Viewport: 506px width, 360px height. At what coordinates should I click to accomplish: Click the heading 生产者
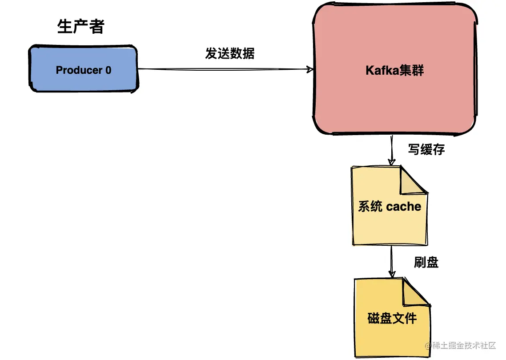coord(80,27)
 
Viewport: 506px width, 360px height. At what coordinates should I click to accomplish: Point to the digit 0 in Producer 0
coord(108,70)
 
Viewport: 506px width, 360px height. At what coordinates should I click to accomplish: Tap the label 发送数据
coord(229,54)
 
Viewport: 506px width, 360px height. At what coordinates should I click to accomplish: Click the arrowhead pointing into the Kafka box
coord(311,69)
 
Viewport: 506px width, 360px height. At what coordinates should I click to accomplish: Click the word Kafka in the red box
coord(380,70)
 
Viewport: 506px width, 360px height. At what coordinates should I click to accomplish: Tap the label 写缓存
coord(426,150)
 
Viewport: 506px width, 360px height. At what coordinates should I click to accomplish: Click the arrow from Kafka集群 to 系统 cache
coord(391,150)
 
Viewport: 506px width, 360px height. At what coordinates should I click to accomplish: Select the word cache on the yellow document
coord(404,206)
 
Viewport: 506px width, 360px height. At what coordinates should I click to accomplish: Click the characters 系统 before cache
coord(370,206)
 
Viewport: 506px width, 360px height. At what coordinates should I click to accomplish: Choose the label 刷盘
coord(426,262)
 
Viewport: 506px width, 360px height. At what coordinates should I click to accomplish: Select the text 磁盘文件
coord(392,318)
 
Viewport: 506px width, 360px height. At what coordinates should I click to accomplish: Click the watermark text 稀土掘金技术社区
coord(465,346)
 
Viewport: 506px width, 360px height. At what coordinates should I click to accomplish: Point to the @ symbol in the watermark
coord(429,346)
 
